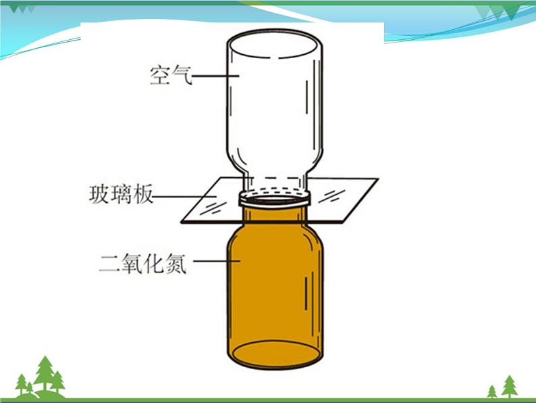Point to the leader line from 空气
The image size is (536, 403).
coord(215,75)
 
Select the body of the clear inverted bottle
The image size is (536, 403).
coord(273,108)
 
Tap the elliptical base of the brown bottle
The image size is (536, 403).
coord(274,356)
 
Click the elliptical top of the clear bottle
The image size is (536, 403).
coord(273,45)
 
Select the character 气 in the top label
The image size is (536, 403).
coord(182,75)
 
